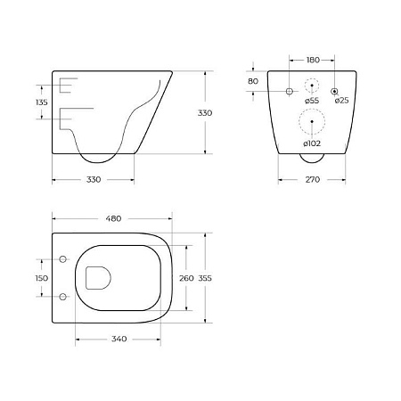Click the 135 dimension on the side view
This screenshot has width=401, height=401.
pyautogui.click(x=40, y=102)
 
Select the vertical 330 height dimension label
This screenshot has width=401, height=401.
pyautogui.click(x=204, y=113)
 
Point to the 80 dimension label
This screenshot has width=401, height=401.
pyautogui.click(x=254, y=81)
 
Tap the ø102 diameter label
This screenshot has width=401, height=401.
pyautogui.click(x=311, y=143)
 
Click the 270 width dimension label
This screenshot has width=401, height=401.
pyautogui.click(x=311, y=179)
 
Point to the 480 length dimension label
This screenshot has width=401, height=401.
pyautogui.click(x=113, y=217)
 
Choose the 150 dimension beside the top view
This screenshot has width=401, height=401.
pyautogui.click(x=40, y=279)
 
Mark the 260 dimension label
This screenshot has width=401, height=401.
pyautogui.click(x=186, y=279)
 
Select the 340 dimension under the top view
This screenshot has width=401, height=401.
pyautogui.click(x=119, y=340)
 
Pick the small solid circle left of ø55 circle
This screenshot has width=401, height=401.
pyautogui.click(x=289, y=92)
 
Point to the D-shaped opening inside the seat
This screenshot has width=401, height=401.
pyautogui.click(x=94, y=278)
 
